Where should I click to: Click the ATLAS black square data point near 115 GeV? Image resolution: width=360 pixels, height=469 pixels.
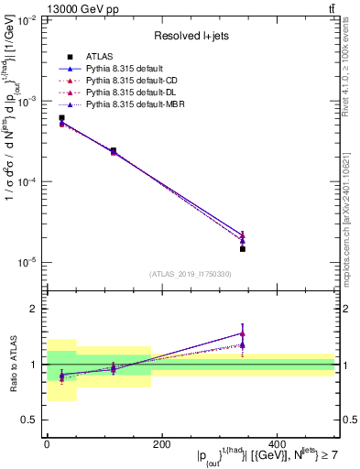pos(114,150)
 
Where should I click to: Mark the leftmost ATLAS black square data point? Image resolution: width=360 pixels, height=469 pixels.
pos(61,118)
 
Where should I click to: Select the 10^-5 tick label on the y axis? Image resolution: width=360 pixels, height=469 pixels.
pos(27,263)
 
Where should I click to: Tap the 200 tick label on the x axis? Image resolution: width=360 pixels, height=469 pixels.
pos(161,444)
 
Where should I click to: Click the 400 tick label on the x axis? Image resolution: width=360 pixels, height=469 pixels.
pos(277,444)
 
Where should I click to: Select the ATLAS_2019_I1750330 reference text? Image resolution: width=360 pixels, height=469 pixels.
pos(191,274)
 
